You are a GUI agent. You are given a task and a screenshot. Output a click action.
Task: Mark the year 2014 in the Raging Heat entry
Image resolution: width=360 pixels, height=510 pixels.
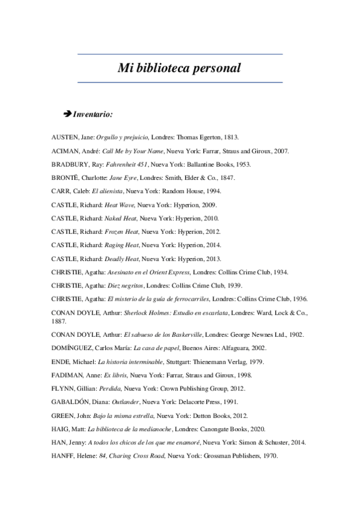(x=213, y=245)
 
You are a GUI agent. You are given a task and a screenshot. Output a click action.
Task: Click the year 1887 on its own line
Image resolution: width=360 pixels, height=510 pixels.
(x=59, y=322)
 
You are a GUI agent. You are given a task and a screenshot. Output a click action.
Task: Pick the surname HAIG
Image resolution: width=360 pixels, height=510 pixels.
(x=62, y=429)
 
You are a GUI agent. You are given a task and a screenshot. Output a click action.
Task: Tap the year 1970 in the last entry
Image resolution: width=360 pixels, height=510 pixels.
(x=267, y=455)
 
